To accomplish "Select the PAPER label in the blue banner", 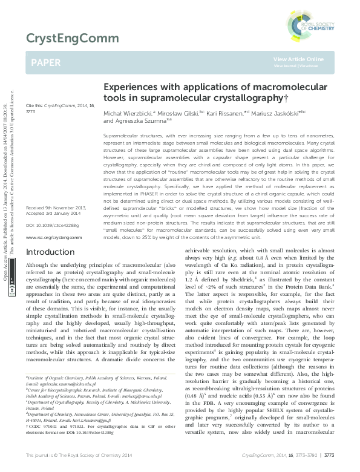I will [45, 63].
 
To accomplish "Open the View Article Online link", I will [298, 59].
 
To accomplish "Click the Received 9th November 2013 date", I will [56, 208].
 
